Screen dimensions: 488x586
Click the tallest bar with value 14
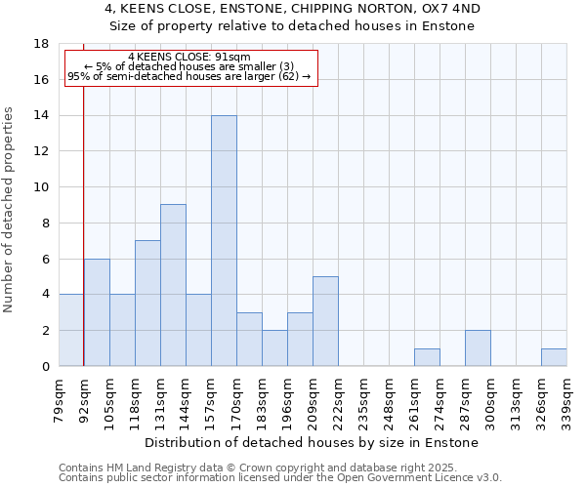click(224, 241)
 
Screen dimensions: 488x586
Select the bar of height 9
click(173, 285)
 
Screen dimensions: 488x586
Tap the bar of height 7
click(147, 304)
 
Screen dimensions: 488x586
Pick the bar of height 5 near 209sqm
click(325, 321)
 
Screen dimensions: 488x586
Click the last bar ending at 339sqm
click(554, 357)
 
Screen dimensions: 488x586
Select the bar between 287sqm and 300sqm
click(478, 348)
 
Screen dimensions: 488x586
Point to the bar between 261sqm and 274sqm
click(427, 357)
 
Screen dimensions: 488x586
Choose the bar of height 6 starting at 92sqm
click(97, 312)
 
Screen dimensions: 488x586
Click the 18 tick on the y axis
click(41, 44)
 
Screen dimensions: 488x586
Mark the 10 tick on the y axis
click(41, 187)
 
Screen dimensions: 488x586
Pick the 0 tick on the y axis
click(45, 366)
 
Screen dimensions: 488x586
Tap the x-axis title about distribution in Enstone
click(313, 442)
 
